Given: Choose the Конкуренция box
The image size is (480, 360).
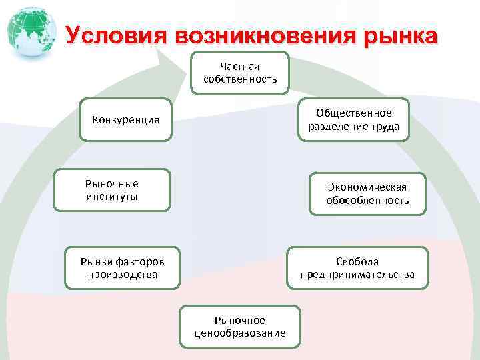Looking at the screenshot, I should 125,120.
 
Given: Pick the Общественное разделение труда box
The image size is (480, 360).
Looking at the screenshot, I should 353,120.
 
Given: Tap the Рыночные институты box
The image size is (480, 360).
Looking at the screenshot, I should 112,190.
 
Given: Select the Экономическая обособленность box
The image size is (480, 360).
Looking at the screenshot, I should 367,193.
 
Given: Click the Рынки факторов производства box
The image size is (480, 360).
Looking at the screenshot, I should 122,268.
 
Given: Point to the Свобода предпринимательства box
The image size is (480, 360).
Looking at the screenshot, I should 357,268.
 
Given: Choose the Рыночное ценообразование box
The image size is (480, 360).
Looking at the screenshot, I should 240,327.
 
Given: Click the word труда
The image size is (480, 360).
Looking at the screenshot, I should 386,127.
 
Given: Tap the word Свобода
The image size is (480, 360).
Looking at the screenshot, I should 357,262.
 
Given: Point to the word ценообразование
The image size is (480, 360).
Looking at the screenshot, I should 240,333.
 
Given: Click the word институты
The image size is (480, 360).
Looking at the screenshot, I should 112,197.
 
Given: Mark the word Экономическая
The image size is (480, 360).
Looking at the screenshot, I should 367,187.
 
